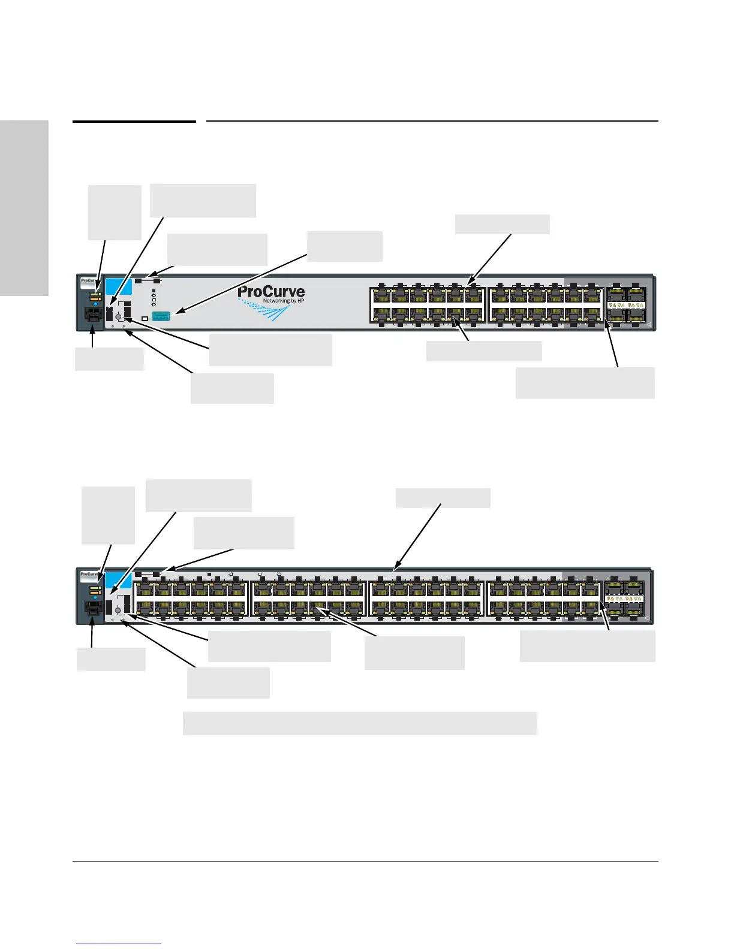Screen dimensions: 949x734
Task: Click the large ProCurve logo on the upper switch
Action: point(271,292)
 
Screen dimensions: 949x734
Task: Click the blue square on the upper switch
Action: point(114,286)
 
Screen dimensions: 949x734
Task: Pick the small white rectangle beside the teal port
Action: point(145,318)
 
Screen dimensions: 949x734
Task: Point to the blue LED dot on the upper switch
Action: point(95,304)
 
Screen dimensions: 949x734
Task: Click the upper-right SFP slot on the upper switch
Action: point(635,294)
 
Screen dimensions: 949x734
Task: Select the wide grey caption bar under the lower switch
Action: point(360,723)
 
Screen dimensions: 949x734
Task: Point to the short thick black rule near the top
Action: point(134,122)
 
